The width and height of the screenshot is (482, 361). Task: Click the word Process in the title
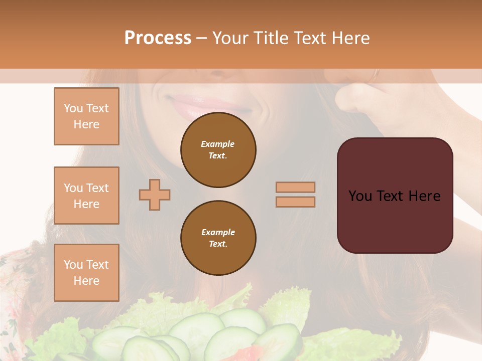coord(158,38)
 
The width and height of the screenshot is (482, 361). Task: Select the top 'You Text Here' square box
coord(86,116)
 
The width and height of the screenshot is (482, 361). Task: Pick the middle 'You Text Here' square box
coord(86,196)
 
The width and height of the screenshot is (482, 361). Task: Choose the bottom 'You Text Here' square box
coord(86,272)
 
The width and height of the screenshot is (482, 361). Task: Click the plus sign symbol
coord(155,195)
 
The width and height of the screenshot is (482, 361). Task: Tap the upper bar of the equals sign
coord(296,187)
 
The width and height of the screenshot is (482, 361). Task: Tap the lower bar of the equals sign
coord(296,202)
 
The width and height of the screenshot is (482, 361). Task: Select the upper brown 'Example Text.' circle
coord(218,150)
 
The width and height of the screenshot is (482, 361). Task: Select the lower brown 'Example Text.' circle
coord(218,238)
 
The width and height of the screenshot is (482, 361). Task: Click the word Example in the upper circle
coord(218,144)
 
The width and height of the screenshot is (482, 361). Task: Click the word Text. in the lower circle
coord(218,244)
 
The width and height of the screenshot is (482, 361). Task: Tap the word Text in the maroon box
coord(392,196)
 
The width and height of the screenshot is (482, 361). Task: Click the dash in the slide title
coord(202,38)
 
